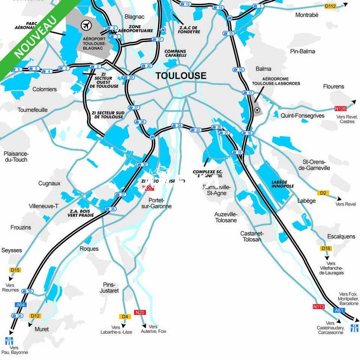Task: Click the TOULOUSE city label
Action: click(x=181, y=75)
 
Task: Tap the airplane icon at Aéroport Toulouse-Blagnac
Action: click(x=87, y=25)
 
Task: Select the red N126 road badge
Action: click(x=340, y=109)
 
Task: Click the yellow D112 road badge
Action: click(x=330, y=6)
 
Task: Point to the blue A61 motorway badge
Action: click(x=339, y=310)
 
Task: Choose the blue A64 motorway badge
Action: click(x=20, y=305)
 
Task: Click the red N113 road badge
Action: click(x=318, y=306)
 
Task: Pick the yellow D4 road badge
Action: click(x=125, y=316)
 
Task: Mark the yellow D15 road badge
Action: click(x=15, y=270)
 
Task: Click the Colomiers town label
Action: click(x=45, y=89)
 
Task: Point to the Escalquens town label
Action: click(x=341, y=237)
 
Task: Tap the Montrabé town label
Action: click(x=307, y=15)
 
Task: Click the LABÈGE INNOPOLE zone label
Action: click(x=282, y=184)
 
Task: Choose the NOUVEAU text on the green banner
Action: click(x=36, y=37)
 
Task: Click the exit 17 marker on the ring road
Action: click(x=249, y=93)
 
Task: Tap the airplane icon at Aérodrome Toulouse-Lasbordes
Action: click(x=257, y=110)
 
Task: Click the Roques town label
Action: click(x=89, y=249)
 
